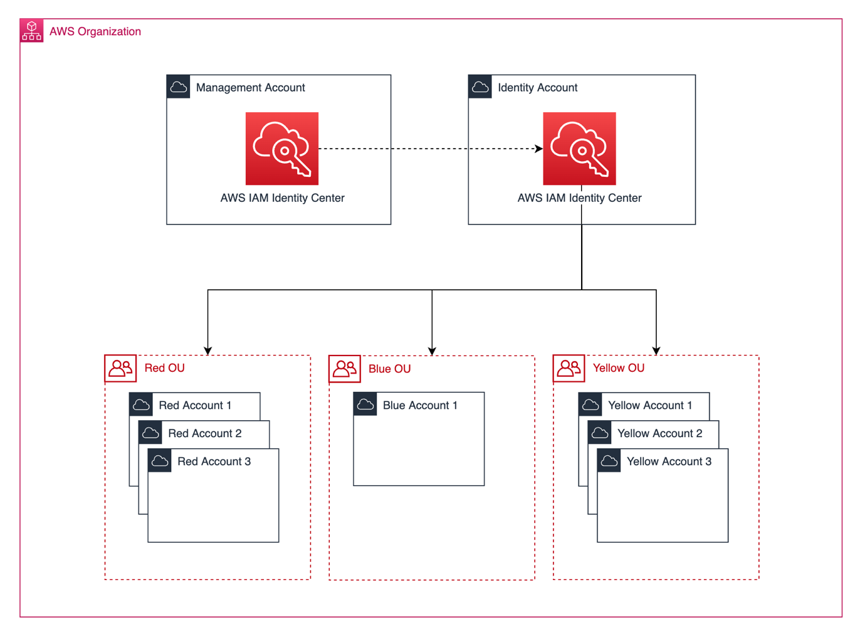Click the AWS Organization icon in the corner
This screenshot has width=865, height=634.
[x=31, y=31]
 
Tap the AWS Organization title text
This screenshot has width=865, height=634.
[x=95, y=31]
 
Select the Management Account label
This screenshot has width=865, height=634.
[x=250, y=88]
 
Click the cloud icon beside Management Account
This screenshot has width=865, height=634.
[x=179, y=87]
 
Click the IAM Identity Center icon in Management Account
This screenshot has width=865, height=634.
[x=282, y=149]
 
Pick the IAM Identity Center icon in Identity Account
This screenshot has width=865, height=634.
[x=579, y=149]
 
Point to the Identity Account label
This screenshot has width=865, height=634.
[x=537, y=88]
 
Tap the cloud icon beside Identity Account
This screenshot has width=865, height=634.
[x=480, y=87]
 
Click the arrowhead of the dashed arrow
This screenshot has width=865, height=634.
[x=539, y=149]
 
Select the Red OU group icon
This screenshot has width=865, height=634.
[x=120, y=368]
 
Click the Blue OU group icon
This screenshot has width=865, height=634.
[x=345, y=369]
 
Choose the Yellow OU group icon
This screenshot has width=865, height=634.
[x=569, y=368]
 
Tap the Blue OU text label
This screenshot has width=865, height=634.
[x=389, y=369]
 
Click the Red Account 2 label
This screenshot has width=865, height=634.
[x=204, y=433]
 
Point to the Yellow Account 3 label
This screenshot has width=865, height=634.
[x=669, y=462]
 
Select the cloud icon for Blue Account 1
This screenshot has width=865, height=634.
[x=365, y=404]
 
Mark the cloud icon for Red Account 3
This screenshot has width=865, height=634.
[x=160, y=461]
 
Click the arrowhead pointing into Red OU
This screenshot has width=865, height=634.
[x=208, y=351]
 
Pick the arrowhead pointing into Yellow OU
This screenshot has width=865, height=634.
[x=656, y=351]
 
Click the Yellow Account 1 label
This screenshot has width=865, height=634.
[x=650, y=406]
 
